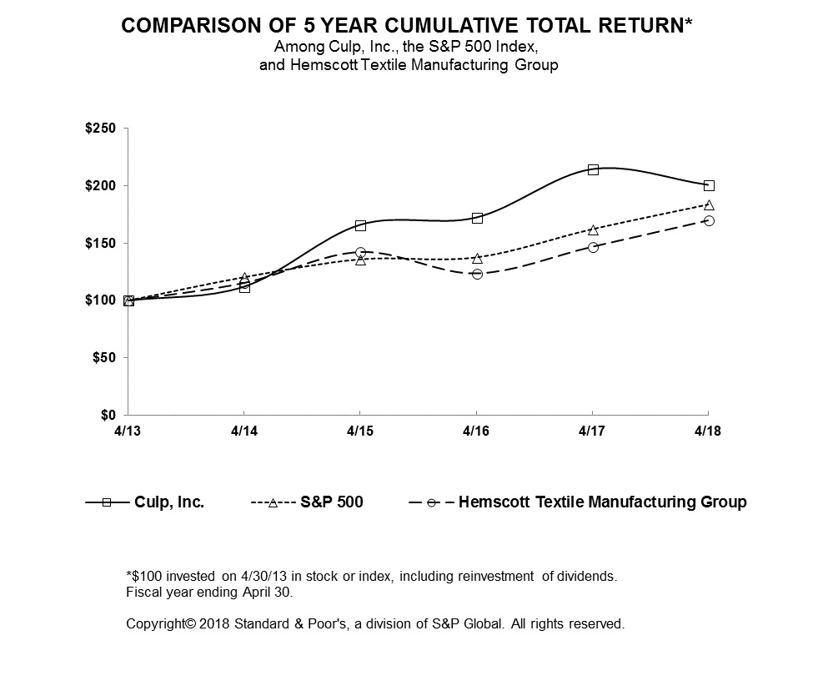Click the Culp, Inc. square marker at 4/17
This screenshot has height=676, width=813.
593,169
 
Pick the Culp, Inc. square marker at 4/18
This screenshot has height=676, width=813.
709,185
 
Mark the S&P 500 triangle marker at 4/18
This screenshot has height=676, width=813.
709,205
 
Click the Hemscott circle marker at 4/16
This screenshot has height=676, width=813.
477,274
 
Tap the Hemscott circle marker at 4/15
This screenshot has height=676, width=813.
360,252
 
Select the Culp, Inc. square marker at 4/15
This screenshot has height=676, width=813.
360,225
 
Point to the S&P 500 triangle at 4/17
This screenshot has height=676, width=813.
593,230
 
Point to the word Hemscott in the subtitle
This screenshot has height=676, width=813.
318,64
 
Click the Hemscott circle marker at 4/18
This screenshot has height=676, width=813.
709,220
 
